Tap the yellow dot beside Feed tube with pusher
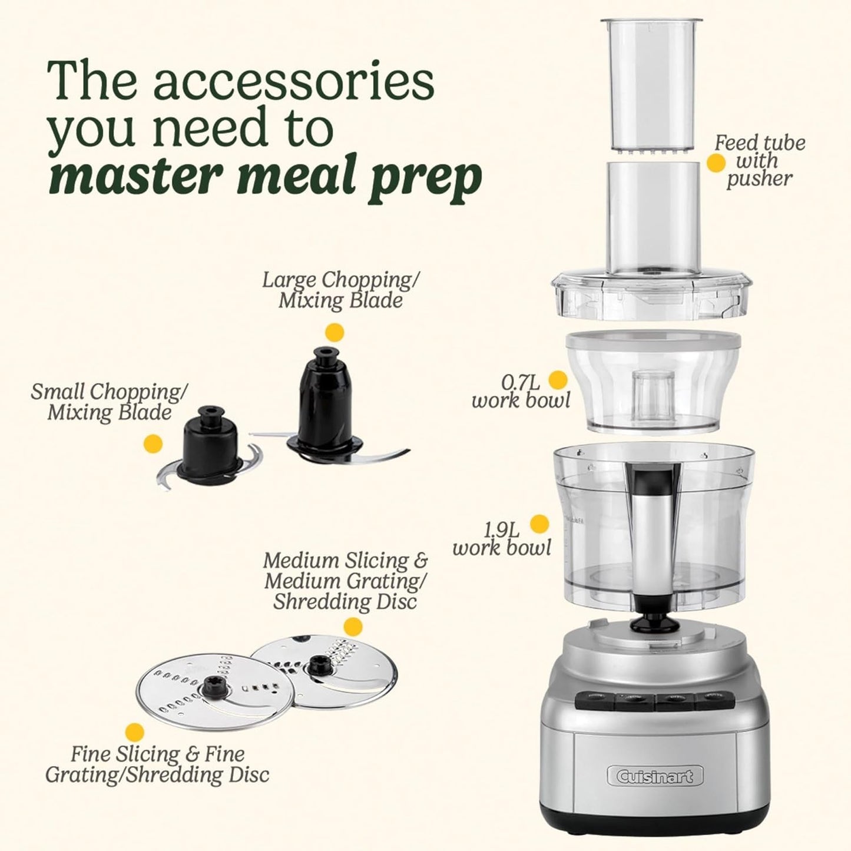coord(716,163)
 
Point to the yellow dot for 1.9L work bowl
coord(539,524)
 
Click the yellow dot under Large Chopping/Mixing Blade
coord(335,332)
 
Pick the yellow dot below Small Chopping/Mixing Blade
coord(153,443)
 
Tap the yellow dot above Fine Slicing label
coord(135,732)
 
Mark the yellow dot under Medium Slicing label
coord(353,626)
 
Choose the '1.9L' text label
coord(501,529)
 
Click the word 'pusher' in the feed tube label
coord(759,180)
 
